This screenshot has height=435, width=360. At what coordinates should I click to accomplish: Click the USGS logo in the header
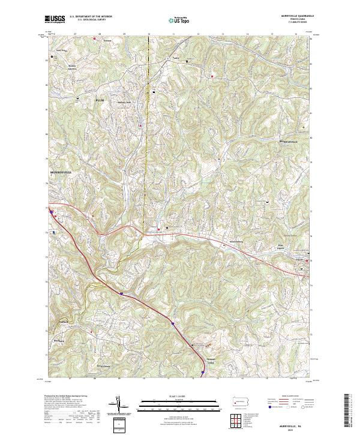pos(55,20)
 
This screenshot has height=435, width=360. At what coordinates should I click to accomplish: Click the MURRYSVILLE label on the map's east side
pos(289,142)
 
